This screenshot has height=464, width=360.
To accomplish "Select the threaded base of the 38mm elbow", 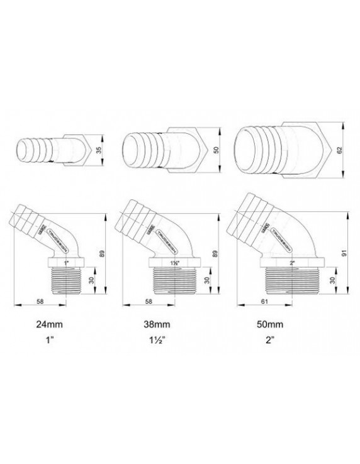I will pos(174,279).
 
